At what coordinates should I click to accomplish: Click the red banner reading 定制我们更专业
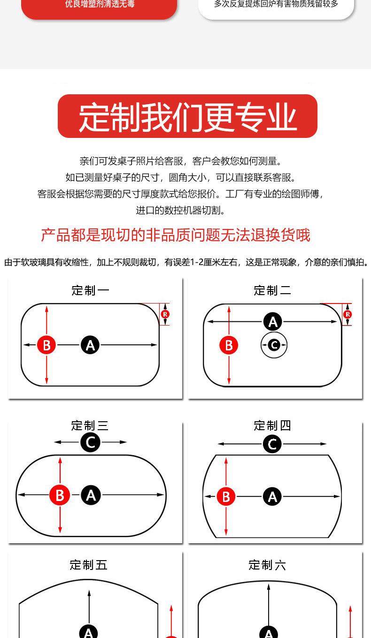point(187,116)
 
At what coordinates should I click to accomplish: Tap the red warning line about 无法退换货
point(176,235)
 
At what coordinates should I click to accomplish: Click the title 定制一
point(90,290)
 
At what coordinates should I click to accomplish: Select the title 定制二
point(272,290)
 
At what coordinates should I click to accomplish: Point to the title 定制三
point(90,425)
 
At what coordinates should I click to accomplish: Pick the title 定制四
point(272,425)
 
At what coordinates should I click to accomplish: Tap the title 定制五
point(89,565)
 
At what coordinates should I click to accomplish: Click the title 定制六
point(267,565)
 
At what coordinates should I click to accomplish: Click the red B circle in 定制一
point(46,345)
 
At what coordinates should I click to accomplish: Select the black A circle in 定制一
point(90,345)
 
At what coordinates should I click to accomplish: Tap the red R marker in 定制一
point(165,314)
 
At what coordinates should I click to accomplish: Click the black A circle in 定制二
point(273,322)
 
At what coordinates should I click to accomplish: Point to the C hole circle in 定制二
point(274,346)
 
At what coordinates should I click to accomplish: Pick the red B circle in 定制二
point(229,345)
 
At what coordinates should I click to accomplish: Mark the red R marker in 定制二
point(348,314)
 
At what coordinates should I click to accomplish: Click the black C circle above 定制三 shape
point(90,442)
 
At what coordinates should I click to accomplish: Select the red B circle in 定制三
point(60,495)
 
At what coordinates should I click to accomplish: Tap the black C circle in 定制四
point(272,444)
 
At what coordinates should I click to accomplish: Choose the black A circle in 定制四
point(272,496)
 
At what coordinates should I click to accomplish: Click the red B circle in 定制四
point(226,496)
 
